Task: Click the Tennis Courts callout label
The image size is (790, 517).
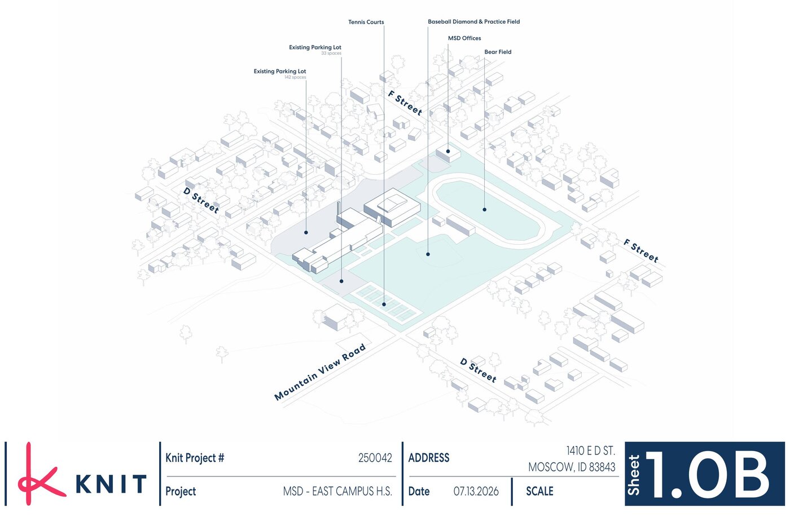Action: coord(366,22)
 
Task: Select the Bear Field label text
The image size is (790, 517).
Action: coord(498,52)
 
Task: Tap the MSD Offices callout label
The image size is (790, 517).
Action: coord(464,38)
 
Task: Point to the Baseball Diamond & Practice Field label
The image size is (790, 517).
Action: coord(473,21)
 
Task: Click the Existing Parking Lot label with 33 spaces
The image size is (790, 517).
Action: coord(315,47)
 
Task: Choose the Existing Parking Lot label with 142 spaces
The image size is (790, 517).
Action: coord(280,71)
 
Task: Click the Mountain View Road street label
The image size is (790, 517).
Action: coord(320,372)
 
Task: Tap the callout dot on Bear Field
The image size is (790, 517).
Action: coord(485,210)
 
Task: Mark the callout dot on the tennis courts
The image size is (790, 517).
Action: coord(384,304)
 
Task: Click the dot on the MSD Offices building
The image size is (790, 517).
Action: coord(448,151)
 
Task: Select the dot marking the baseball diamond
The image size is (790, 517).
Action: coord(428,254)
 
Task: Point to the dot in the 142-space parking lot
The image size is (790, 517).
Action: coord(306,233)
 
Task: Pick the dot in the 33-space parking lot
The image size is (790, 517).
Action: coord(341,281)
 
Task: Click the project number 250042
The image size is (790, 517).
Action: coord(375,458)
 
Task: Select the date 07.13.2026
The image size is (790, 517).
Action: coord(476,491)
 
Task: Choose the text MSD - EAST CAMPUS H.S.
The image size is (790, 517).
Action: coord(337,491)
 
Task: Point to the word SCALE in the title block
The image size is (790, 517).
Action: coord(539,491)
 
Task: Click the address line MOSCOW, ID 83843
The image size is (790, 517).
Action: coord(572,467)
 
